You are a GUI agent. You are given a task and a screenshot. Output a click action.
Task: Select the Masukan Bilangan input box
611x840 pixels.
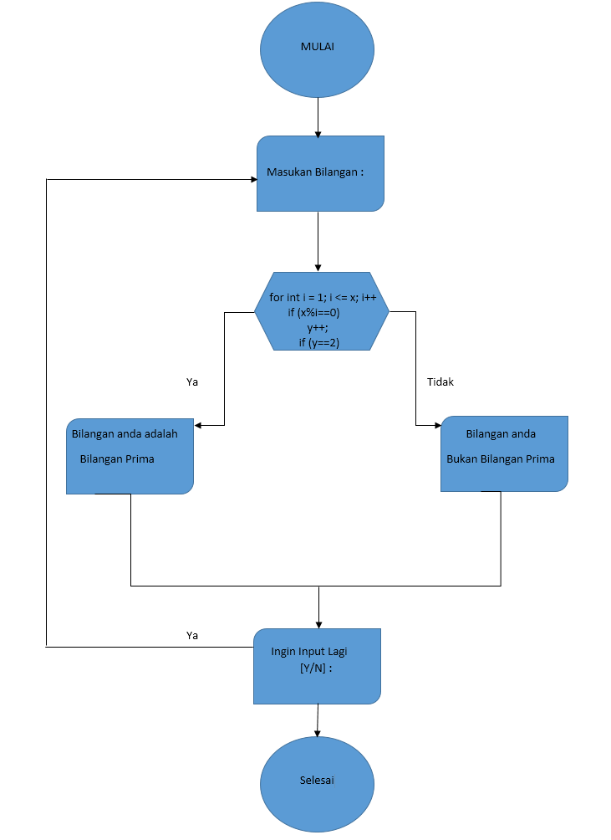point(320,173)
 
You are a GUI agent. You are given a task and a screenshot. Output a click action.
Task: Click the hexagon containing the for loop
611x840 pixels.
point(321,310)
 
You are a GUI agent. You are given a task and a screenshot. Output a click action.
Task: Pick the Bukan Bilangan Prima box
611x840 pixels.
point(504,453)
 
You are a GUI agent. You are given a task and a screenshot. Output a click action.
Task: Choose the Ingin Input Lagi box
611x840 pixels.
point(317,666)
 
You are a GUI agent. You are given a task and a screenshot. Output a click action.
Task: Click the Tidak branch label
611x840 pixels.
point(440,382)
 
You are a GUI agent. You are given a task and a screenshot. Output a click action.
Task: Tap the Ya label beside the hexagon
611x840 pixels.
point(192,382)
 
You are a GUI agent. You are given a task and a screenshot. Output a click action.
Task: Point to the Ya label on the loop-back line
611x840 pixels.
point(192,635)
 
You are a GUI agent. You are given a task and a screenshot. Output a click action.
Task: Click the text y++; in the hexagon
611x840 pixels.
point(317,327)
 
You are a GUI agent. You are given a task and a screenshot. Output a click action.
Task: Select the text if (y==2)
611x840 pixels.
point(318,342)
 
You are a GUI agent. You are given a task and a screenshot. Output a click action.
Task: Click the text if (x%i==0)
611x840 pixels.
point(313,312)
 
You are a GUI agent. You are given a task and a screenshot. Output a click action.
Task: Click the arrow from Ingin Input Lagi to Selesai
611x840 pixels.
point(317,720)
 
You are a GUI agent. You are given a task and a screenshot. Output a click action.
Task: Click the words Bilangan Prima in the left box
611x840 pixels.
point(117,458)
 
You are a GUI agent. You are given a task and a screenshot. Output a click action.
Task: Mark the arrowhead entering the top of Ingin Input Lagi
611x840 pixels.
point(318,624)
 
